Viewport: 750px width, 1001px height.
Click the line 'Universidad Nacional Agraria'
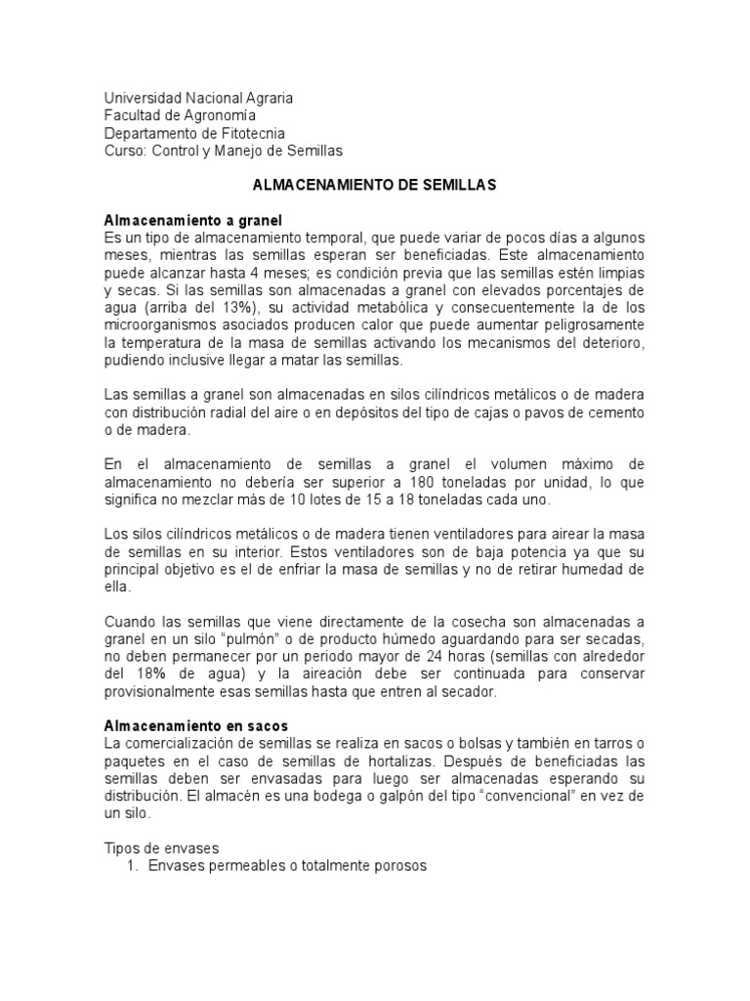tap(197, 99)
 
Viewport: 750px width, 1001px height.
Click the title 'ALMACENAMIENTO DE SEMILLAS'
tap(375, 186)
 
